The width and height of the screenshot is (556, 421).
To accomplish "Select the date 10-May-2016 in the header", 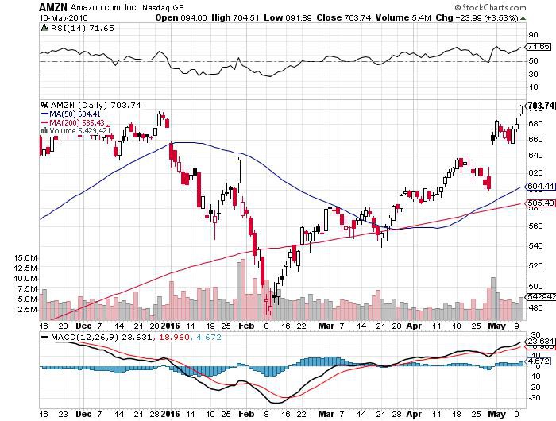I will [x=58, y=17].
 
